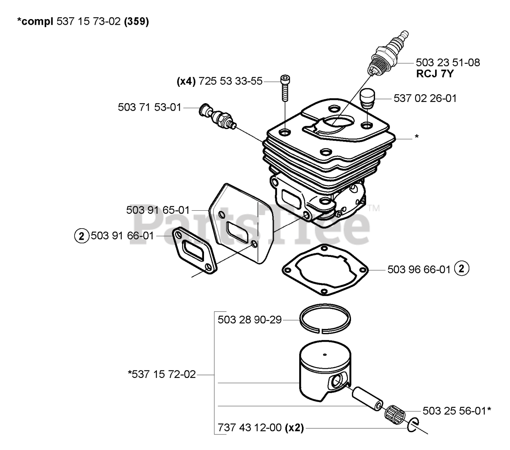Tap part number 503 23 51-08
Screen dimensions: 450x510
pyautogui.click(x=447, y=63)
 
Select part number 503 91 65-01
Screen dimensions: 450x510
pyautogui.click(x=158, y=210)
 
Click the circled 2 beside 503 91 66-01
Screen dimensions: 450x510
pyautogui.click(x=81, y=236)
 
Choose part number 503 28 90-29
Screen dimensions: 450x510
pyautogui.click(x=250, y=319)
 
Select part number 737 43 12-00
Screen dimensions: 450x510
pyautogui.click(x=250, y=428)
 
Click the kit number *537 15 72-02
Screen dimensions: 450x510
pyautogui.click(x=162, y=375)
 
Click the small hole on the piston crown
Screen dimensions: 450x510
pyautogui.click(x=325, y=355)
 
